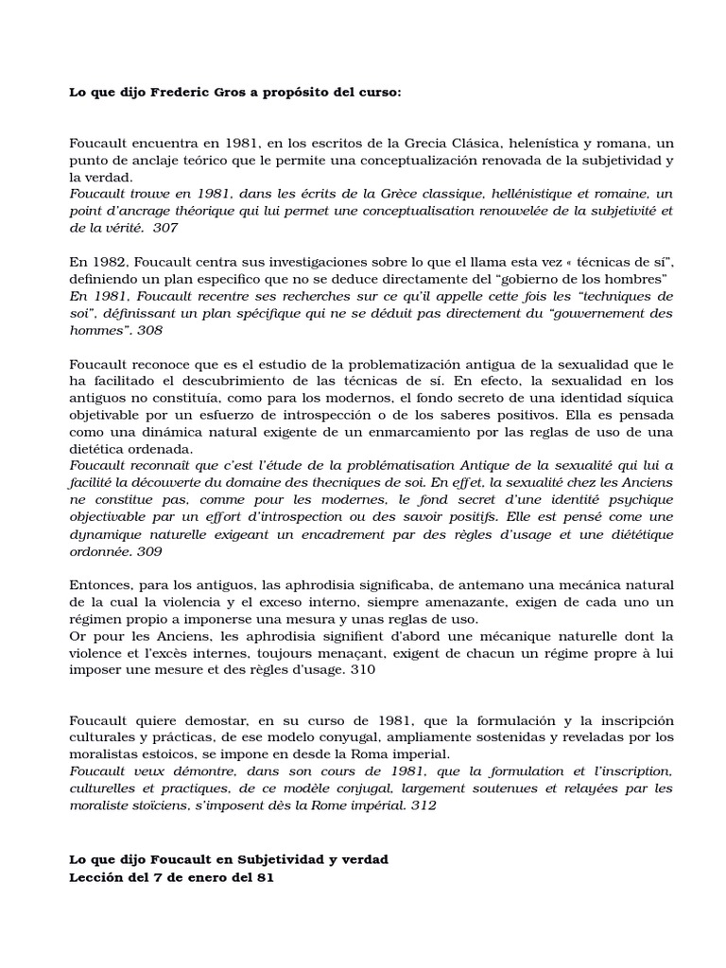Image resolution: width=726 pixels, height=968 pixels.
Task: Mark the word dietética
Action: [100, 449]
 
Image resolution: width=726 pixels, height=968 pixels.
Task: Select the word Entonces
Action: [100, 585]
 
